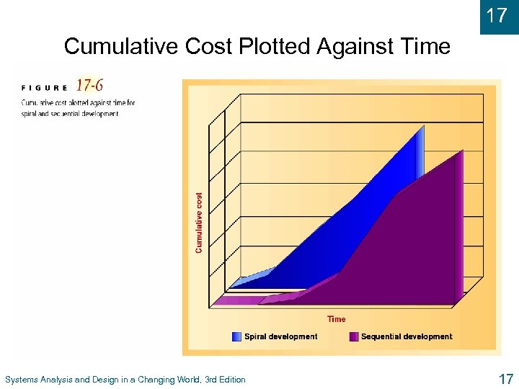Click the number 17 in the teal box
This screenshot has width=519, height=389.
pyautogui.click(x=497, y=15)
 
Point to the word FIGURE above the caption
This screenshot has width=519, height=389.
pyautogui.click(x=45, y=88)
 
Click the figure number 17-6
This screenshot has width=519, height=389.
pyautogui.click(x=89, y=86)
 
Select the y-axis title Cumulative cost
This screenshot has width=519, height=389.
pyautogui.click(x=199, y=221)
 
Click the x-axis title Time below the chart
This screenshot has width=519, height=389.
pyautogui.click(x=336, y=319)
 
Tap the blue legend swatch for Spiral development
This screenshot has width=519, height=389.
pyautogui.click(x=237, y=336)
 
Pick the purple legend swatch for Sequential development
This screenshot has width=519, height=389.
pyautogui.click(x=353, y=336)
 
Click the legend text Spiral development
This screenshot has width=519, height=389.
pyautogui.click(x=280, y=336)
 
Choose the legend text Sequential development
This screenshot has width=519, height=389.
pyautogui.click(x=407, y=336)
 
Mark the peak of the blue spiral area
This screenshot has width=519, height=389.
pyautogui.click(x=422, y=128)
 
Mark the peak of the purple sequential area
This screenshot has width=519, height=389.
pyautogui.click(x=461, y=151)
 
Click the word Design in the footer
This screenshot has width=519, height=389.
pyautogui.click(x=100, y=380)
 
